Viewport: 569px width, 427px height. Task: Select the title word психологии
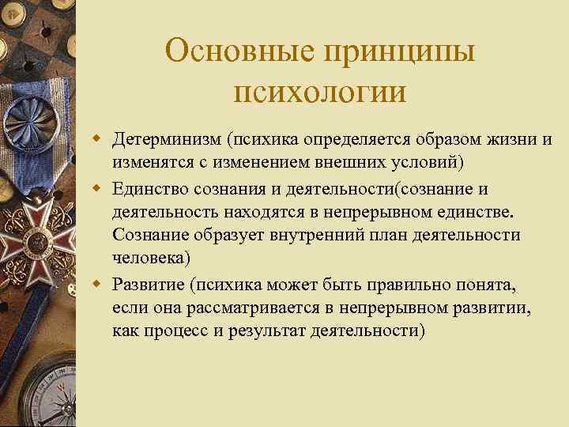pyautogui.click(x=320, y=91)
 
